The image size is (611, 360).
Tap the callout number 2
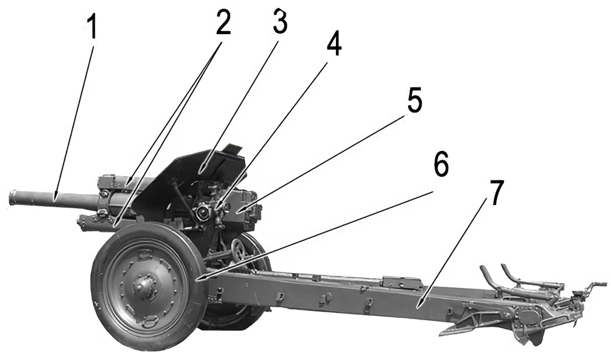pyautogui.click(x=222, y=23)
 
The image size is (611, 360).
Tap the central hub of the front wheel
pyautogui.click(x=145, y=284)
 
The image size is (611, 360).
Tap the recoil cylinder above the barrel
pyautogui.click(x=116, y=182)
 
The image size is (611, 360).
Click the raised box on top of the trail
pyautogui.click(x=401, y=283)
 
